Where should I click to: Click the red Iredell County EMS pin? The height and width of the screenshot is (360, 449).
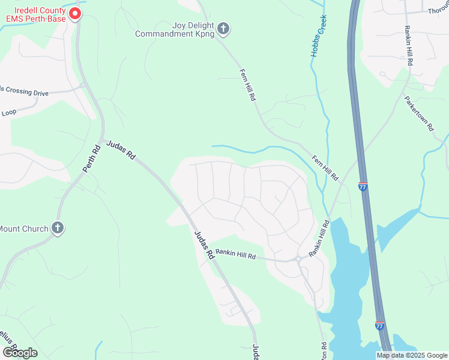pyautogui.click(x=74, y=13)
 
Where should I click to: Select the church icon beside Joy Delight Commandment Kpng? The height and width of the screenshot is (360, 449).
pyautogui.click(x=223, y=29)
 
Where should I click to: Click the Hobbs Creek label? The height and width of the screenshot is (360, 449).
pyautogui.click(x=318, y=37)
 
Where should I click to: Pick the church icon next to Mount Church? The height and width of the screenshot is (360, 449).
pyautogui.click(x=58, y=228)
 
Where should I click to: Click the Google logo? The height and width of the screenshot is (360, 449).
pyautogui.click(x=19, y=353)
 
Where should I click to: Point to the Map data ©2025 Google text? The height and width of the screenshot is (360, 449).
pyautogui.click(x=412, y=355)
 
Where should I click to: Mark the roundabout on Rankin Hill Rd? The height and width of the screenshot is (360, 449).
pyautogui.click(x=298, y=259)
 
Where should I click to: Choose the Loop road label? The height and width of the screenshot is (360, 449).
pyautogui.click(x=9, y=112)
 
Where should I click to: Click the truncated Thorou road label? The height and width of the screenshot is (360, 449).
pyautogui.click(x=438, y=11)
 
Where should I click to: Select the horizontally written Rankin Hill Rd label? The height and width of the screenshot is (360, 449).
pyautogui.click(x=235, y=254)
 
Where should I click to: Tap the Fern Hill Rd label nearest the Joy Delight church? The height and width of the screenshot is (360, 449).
pyautogui.click(x=248, y=84)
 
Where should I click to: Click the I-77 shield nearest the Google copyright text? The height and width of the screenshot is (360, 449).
pyautogui.click(x=379, y=325)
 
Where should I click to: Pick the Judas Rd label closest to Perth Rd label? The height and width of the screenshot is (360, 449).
pyautogui.click(x=121, y=149)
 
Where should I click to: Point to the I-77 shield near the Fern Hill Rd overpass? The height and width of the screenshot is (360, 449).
pyautogui.click(x=363, y=187)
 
